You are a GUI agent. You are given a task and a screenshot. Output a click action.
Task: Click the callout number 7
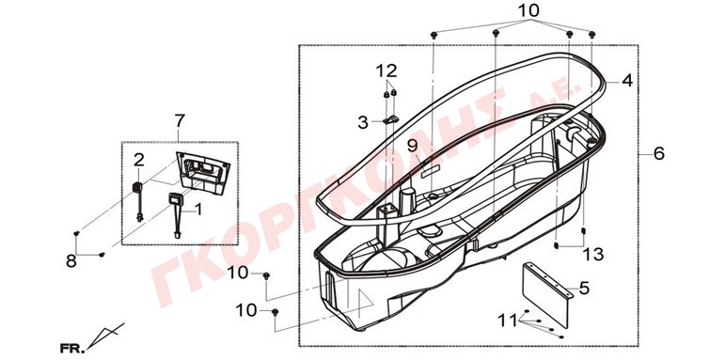[x=180, y=121]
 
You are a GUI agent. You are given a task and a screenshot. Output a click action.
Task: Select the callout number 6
[x=659, y=153]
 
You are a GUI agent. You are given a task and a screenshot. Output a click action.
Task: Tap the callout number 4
[x=626, y=81]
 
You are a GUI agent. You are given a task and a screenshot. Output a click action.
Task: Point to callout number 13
[x=593, y=254]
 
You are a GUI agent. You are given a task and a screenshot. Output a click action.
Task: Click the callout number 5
[x=585, y=289]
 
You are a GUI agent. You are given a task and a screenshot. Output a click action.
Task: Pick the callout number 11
[x=508, y=320]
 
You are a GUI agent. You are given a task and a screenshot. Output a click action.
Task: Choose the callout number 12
[x=386, y=70]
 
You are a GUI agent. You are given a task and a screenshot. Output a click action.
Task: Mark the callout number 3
[x=363, y=122]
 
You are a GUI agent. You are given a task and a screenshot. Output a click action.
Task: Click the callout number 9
[x=412, y=146]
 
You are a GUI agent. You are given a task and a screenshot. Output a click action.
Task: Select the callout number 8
[x=71, y=261]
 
